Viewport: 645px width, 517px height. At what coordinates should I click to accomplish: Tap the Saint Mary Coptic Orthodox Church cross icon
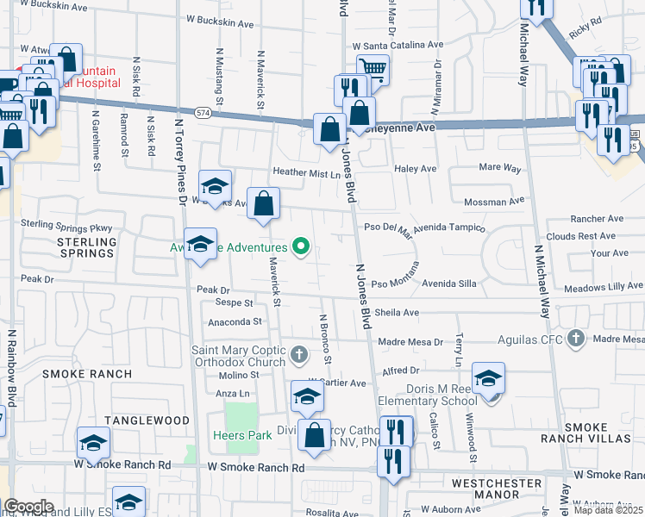[x=299, y=354]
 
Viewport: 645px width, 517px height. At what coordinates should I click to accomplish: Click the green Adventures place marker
[x=301, y=248]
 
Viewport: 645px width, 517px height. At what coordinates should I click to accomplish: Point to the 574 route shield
[x=203, y=113]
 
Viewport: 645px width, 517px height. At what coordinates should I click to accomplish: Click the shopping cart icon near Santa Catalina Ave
[x=372, y=68]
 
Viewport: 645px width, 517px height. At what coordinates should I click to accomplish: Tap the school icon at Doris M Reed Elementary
[x=488, y=378]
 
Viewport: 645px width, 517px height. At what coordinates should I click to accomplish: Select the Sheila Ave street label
[x=397, y=313]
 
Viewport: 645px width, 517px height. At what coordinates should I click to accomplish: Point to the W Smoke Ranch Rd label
[x=257, y=467]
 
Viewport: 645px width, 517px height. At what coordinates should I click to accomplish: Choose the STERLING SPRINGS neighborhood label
[x=86, y=247]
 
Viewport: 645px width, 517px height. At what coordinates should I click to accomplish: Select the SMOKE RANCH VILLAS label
[x=598, y=433]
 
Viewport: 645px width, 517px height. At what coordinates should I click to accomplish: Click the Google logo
[x=28, y=507]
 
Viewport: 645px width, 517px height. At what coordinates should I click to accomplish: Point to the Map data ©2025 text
[x=609, y=510]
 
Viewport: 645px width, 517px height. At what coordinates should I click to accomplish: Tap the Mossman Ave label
[x=494, y=201]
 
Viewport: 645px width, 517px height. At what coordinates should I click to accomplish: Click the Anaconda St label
[x=234, y=321]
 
